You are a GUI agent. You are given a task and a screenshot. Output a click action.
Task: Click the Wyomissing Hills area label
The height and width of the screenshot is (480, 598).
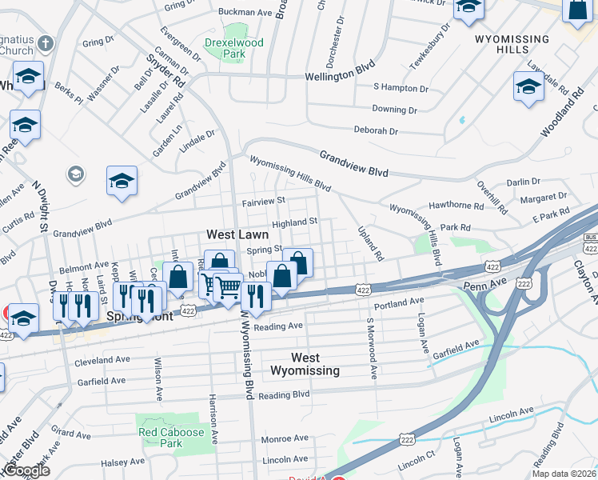click(x=512, y=45)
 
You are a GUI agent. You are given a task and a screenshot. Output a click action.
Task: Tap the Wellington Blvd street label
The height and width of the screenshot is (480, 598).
click(x=340, y=77)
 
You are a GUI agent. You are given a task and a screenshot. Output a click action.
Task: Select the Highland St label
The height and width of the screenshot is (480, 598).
click(x=295, y=223)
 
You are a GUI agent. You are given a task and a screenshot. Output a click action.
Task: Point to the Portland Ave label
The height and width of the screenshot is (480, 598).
click(x=397, y=302)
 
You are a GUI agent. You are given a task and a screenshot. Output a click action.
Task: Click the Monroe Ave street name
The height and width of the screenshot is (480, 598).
click(x=285, y=438)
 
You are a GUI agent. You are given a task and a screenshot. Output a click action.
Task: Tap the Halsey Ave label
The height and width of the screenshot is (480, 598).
click(x=122, y=462)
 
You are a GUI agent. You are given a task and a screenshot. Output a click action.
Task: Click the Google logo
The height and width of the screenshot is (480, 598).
click(x=26, y=470)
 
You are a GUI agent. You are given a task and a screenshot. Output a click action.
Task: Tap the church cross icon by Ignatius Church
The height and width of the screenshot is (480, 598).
click(x=46, y=43)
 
